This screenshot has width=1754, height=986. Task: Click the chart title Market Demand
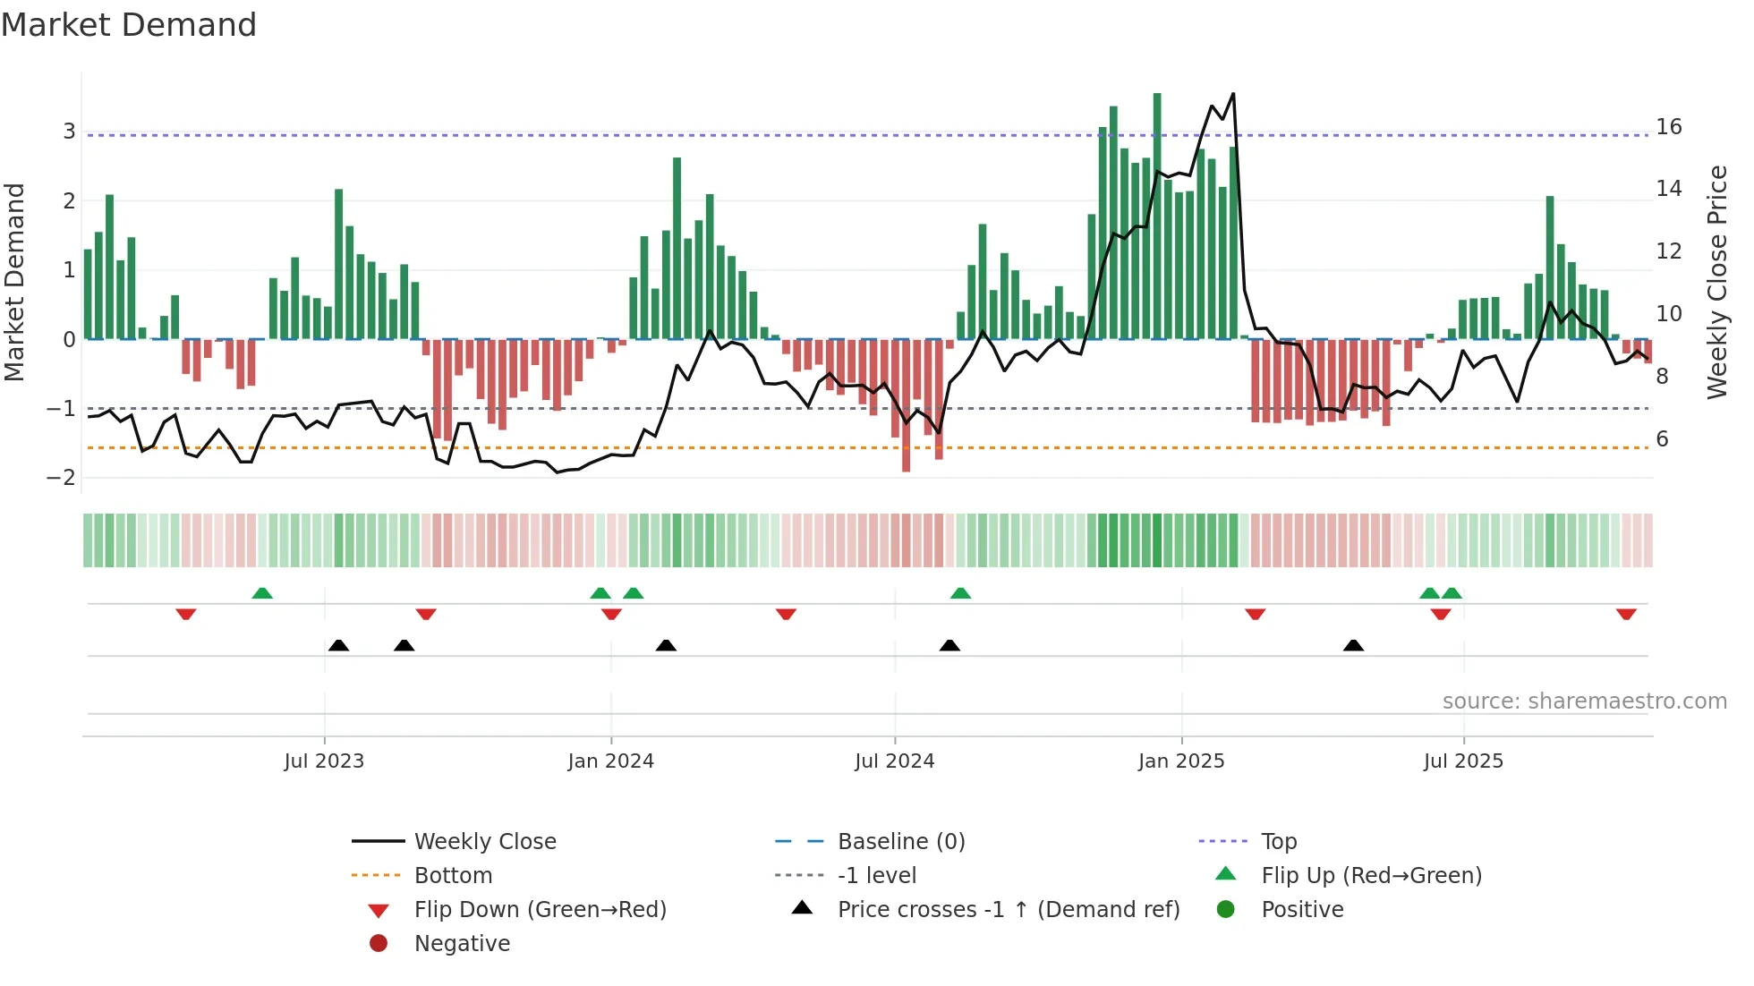(129, 25)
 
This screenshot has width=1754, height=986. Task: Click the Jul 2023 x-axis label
(324, 761)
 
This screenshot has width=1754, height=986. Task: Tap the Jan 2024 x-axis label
(611, 761)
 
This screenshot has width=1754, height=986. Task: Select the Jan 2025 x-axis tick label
(1181, 761)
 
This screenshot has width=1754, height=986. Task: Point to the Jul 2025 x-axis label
(1464, 761)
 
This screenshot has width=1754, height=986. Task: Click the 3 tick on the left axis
(69, 132)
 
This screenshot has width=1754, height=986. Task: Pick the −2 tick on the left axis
(62, 478)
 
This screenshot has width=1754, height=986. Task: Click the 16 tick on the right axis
(1669, 127)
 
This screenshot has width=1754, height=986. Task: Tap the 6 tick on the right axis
(1663, 439)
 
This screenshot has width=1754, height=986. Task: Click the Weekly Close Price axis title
(1717, 282)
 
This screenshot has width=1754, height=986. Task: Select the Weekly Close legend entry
(485, 842)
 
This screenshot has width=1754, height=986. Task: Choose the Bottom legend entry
(453, 876)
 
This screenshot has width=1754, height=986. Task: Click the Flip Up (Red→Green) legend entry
(1371, 876)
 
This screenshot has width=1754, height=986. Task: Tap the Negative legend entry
(462, 944)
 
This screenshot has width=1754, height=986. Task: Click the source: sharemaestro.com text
(1584, 701)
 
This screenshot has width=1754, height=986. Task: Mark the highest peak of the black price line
(1233, 94)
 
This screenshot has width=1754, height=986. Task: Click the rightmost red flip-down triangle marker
(1626, 614)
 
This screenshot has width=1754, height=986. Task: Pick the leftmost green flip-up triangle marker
(262, 593)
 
